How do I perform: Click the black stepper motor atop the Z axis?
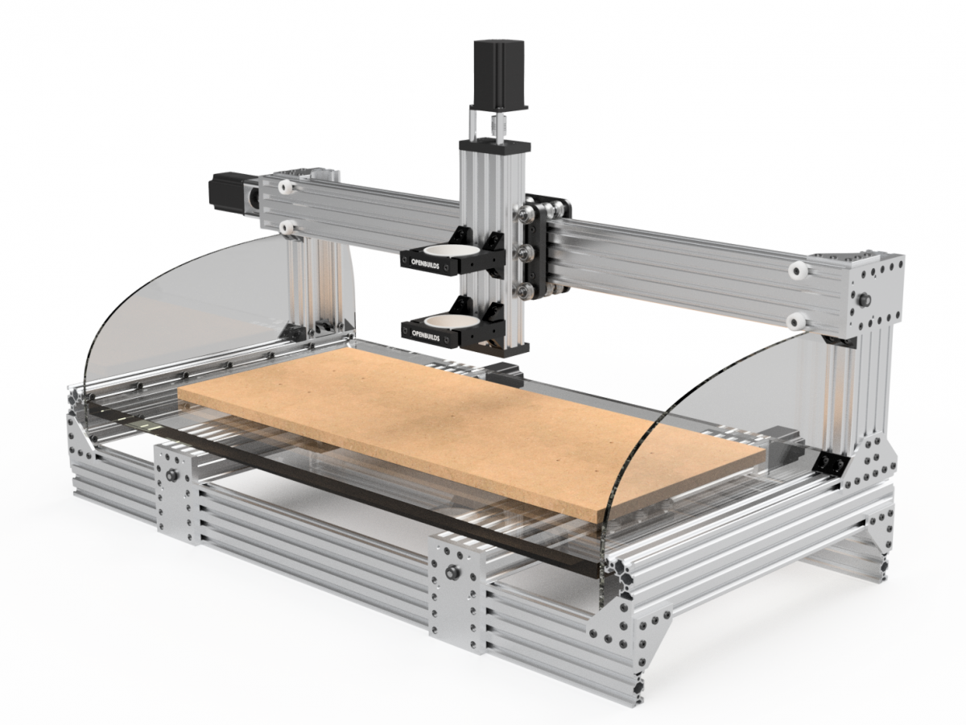click(498, 73)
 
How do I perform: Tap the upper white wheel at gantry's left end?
click(286, 187)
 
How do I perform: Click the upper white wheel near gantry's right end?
click(797, 270)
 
